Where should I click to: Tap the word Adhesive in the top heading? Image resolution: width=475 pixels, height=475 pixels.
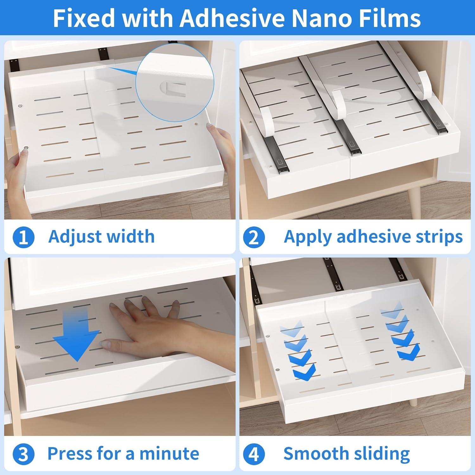231,18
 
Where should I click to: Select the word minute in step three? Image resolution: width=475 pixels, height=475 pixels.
169,453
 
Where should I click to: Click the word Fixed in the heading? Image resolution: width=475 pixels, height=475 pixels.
83,18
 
